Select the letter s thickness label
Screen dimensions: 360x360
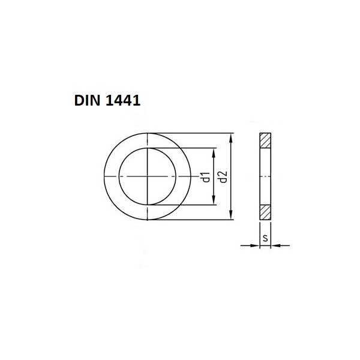265,239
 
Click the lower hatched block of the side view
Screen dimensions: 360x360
265,213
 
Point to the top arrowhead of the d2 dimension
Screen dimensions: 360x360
232,137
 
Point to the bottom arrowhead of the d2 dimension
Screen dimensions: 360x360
232,217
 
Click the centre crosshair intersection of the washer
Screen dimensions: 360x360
148,176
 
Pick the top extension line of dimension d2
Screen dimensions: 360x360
192,133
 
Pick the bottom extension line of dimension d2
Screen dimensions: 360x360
192,220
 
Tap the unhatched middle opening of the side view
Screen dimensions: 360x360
265,176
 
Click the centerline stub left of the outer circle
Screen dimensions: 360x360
103,176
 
